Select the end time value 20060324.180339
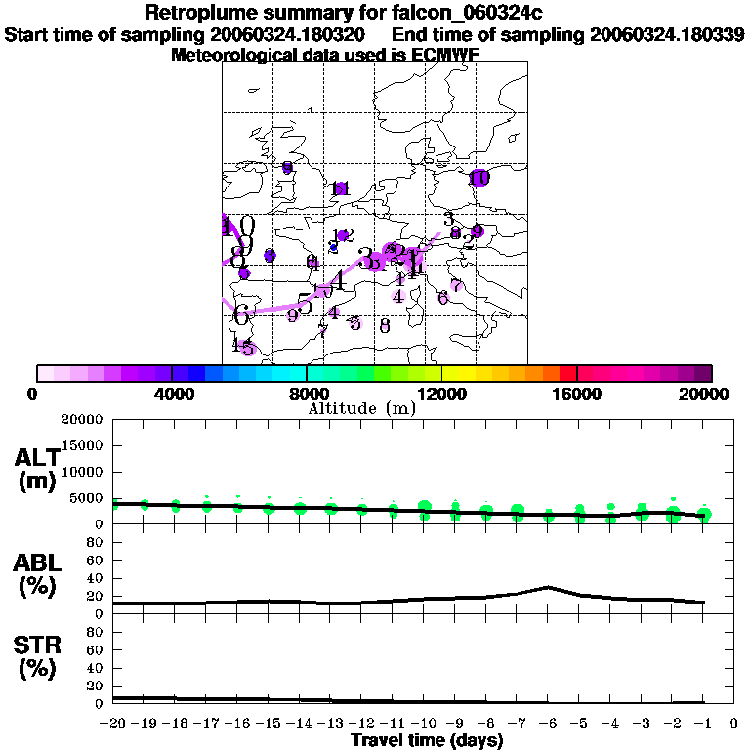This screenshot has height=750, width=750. click(x=668, y=34)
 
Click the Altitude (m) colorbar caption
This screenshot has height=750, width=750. click(x=362, y=409)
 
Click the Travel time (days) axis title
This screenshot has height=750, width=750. click(x=427, y=740)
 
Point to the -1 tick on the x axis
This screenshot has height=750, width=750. click(x=703, y=723)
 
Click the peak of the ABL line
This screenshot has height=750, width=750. click(x=549, y=587)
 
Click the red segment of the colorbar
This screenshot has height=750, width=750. click(x=567, y=373)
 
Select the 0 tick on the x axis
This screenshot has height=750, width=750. click(x=733, y=723)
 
